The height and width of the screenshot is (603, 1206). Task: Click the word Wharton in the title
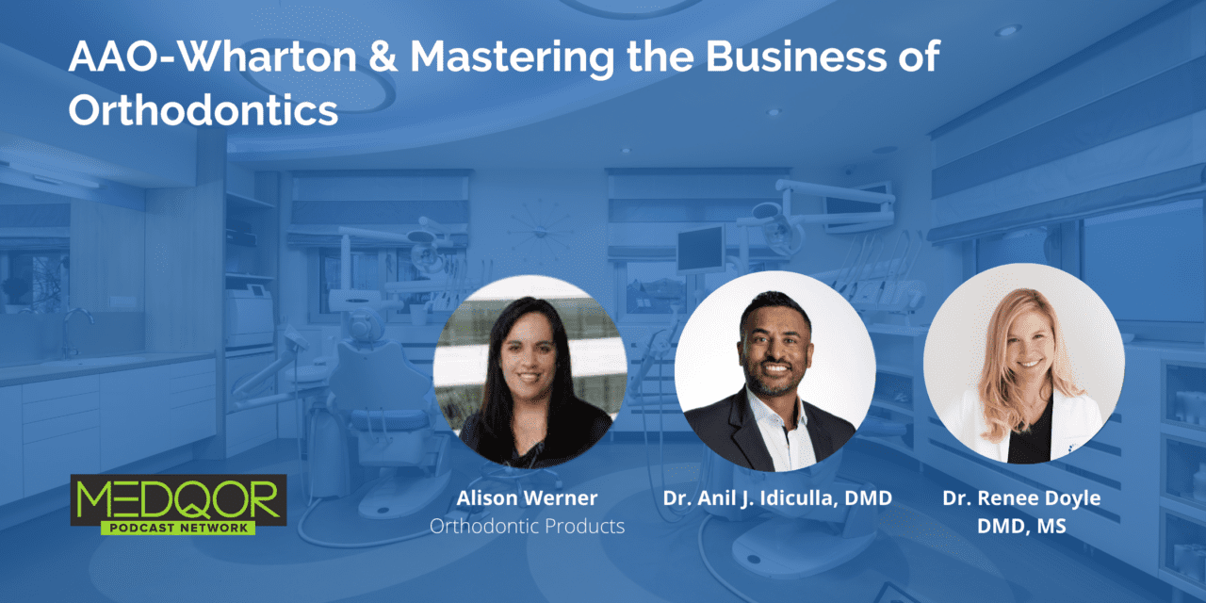268,57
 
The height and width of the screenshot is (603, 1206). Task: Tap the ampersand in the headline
383,57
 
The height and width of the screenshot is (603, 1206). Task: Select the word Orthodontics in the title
203,110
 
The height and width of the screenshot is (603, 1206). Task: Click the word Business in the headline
795,57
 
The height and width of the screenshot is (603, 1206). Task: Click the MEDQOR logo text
178,499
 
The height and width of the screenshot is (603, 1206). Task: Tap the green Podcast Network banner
178,528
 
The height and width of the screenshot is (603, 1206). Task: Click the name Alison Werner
527,498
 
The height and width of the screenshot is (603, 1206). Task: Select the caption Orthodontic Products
527,526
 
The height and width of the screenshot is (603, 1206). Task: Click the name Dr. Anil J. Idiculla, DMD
777,498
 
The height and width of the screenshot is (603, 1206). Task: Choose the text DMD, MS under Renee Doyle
1021,526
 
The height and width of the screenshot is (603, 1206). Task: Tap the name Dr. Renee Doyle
1021,498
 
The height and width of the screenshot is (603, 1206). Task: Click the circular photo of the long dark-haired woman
530,371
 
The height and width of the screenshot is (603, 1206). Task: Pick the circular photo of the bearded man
775,371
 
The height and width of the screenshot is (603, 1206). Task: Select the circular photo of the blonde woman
1024,364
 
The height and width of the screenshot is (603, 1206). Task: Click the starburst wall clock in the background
540,232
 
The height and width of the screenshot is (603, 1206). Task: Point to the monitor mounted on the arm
700,250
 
